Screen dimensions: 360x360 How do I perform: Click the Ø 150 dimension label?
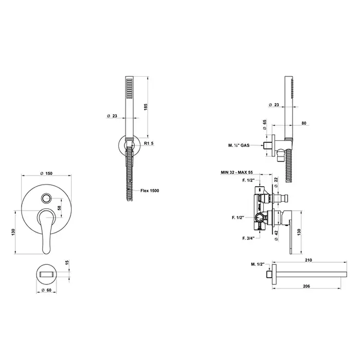[46, 173]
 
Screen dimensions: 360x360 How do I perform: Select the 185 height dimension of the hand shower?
[146, 107]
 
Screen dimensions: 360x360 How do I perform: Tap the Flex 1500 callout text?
[150, 191]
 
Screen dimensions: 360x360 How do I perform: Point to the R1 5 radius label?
[149, 143]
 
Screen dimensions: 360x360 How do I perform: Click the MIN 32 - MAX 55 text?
[236, 172]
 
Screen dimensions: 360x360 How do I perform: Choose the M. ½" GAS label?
[239, 146]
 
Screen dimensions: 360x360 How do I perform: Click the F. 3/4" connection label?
[248, 238]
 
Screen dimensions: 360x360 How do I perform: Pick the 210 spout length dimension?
[309, 260]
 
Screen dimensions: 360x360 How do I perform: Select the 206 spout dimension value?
[307, 286]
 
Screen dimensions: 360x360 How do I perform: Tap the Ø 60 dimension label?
[47, 290]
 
